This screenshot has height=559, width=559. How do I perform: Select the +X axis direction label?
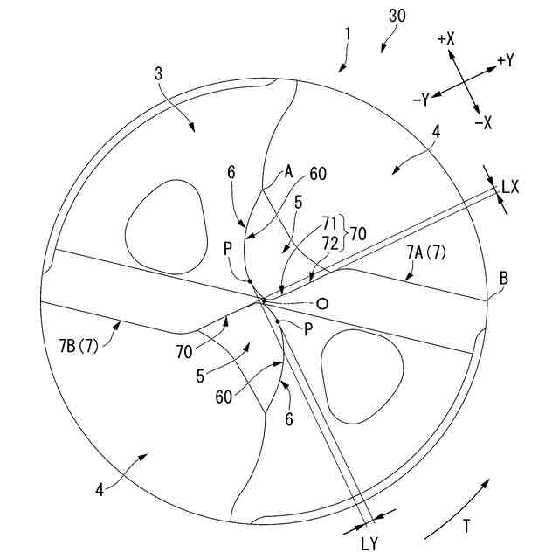[x=446, y=39]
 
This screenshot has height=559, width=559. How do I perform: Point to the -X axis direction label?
[x=482, y=122]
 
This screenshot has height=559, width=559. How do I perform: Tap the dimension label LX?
[x=510, y=186]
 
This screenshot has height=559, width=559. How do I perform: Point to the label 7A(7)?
[x=426, y=252]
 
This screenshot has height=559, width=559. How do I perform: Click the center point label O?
[x=322, y=304]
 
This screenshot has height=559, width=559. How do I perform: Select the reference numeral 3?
[x=158, y=75]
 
